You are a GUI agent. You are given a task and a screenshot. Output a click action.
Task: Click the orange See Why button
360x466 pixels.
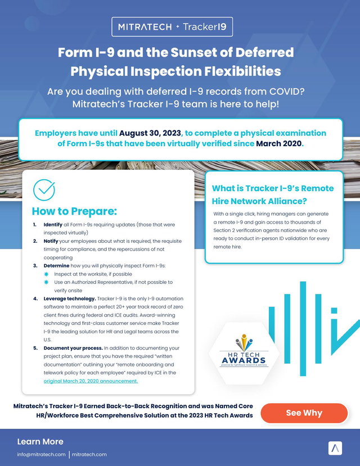[304, 413]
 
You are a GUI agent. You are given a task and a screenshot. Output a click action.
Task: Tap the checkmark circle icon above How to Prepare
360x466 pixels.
[44, 190]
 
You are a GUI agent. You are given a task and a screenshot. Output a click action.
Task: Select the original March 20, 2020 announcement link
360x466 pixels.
[91, 381]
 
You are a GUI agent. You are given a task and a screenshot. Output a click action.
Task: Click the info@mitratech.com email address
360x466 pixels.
[41, 454]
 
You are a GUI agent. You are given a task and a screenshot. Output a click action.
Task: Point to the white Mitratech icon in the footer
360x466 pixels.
[335, 448]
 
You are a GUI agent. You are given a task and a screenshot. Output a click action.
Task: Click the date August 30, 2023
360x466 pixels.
[150, 133]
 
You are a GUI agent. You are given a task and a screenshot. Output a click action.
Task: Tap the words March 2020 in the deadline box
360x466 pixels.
[279, 143]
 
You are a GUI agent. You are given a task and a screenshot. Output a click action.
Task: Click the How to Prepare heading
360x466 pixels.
[74, 211]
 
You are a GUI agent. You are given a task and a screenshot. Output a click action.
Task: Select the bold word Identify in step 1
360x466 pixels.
[53, 225]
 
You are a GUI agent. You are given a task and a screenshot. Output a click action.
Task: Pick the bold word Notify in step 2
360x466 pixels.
[51, 241]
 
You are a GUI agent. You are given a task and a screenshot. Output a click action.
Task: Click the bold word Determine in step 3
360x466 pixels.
[56, 266]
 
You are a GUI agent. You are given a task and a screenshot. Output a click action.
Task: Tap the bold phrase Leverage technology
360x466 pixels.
[70, 298]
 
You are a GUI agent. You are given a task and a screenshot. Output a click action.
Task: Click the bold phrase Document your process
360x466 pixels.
[73, 348]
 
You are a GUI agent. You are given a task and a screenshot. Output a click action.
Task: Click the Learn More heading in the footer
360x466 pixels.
[40, 442]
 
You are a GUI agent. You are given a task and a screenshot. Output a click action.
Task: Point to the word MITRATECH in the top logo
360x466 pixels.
[145, 27]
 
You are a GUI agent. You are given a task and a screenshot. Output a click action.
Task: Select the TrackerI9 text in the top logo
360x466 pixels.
[205, 27]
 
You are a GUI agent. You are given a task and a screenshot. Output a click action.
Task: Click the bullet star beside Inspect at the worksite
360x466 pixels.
[46, 274]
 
